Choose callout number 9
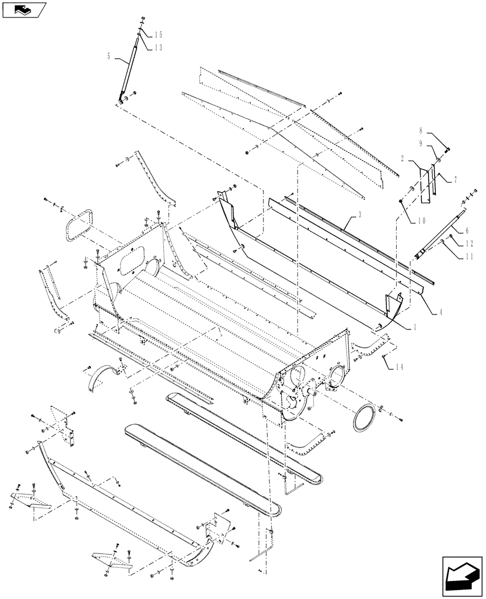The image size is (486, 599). click(421, 144)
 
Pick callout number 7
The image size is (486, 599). click(455, 179)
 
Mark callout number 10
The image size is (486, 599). click(421, 220)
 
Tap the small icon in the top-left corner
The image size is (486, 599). click(24, 9)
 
